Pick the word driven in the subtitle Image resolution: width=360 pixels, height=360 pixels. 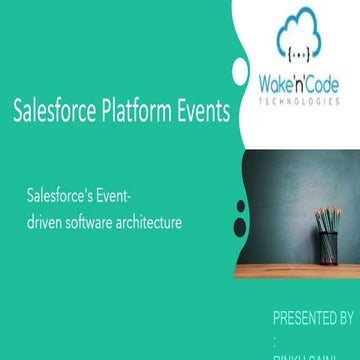47,222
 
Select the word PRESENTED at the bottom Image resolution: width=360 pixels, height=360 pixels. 304,319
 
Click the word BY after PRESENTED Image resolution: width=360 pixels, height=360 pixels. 346,319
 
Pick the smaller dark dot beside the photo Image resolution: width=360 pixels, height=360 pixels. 241,207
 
